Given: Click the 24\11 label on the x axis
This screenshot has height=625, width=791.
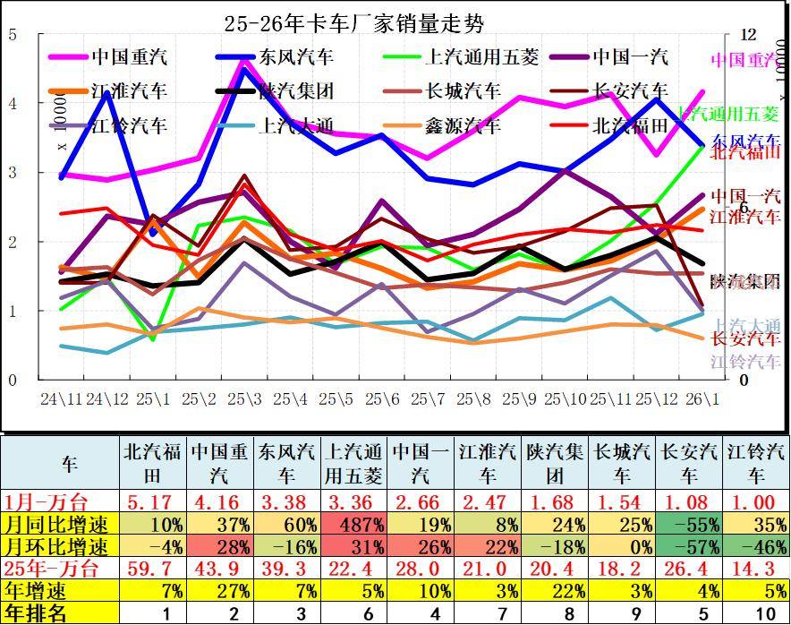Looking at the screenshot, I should [x=61, y=397].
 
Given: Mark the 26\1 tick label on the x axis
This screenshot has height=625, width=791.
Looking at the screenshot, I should [x=702, y=397].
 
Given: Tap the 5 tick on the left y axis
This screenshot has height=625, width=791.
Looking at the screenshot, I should [x=12, y=35].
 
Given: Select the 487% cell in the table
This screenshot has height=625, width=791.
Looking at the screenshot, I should [x=355, y=524].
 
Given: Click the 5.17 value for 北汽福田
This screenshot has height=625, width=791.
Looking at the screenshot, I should [x=153, y=501].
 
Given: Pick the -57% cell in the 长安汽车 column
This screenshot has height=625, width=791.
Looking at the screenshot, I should [x=690, y=546].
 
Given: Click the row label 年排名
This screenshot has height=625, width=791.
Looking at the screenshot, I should [x=36, y=613].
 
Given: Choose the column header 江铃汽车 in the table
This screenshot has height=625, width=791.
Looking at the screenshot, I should [x=756, y=462].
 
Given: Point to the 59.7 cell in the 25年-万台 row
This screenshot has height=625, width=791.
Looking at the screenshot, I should [x=153, y=569].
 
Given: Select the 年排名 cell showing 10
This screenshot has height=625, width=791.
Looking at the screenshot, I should [x=756, y=613].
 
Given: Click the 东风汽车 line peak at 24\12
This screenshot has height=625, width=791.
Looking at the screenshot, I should [x=108, y=92].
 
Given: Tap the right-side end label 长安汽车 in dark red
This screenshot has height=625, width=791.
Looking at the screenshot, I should [x=744, y=339].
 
